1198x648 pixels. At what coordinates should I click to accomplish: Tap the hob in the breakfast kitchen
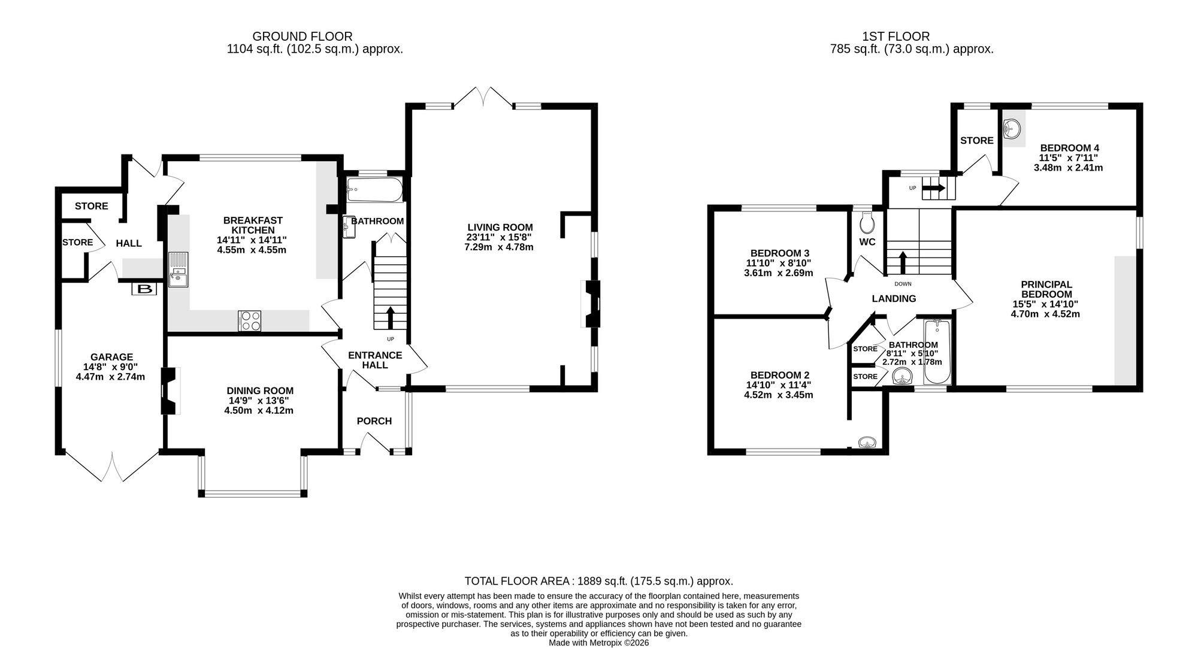coord(250,320)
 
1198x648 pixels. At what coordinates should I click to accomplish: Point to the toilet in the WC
coord(867,223)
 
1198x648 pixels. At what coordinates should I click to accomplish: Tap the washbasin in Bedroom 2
coord(867,443)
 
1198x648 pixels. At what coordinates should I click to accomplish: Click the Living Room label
coord(500,228)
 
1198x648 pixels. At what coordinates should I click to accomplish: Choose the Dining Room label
coord(260,391)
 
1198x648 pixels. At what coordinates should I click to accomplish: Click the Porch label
coord(374,421)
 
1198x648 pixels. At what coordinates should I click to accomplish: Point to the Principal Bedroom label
coord(1046,289)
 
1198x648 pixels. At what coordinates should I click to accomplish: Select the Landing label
coord(894,299)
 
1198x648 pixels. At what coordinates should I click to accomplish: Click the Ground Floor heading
coord(302,37)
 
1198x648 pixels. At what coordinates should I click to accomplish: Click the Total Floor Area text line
coord(599,581)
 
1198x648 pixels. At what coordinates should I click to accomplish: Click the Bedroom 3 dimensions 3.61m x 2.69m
coord(779,273)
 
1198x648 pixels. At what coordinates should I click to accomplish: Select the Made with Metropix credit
coord(599,643)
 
